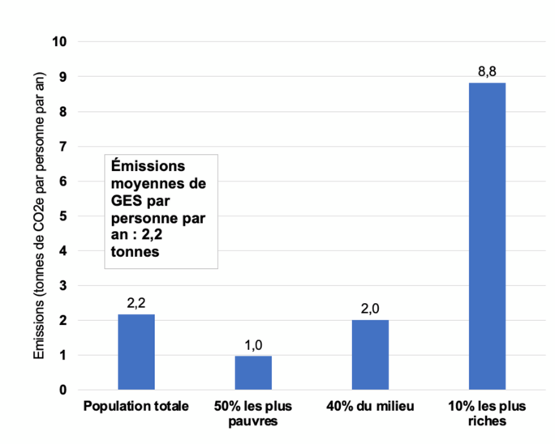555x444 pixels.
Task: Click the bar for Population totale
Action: click(136, 352)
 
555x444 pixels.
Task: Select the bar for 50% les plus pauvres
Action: click(253, 373)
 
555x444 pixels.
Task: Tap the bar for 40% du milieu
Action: click(370, 355)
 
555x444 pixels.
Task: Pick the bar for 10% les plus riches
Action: click(487, 236)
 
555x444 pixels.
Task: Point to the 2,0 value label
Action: click(370, 310)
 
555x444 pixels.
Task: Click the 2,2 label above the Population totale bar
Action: click(136, 303)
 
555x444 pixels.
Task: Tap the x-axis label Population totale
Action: click(136, 405)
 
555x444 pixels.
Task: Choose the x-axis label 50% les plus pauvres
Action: click(253, 412)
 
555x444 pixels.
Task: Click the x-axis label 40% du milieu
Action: click(370, 405)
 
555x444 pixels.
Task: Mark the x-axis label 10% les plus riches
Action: click(487, 412)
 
